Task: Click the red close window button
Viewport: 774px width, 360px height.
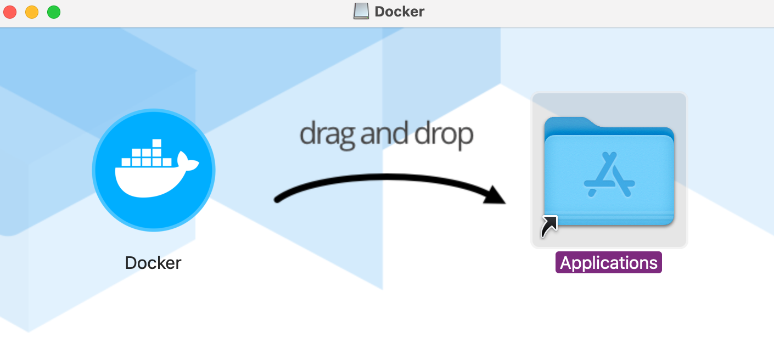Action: [x=11, y=12]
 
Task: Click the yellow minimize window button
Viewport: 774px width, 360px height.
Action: [x=32, y=12]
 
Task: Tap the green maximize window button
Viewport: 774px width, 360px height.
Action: [x=53, y=12]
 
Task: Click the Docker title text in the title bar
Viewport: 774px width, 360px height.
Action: [x=400, y=12]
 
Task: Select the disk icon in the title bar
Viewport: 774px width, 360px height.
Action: [x=361, y=12]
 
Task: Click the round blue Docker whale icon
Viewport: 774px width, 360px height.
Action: [x=154, y=170]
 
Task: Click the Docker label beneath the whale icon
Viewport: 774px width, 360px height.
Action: [x=153, y=263]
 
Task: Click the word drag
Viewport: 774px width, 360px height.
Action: [x=327, y=133]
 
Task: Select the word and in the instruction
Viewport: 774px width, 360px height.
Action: [x=384, y=133]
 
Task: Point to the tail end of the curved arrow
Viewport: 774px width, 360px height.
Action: [x=278, y=199]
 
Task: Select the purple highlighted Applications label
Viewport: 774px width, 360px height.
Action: [x=609, y=263]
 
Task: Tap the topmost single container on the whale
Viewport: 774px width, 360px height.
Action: [x=157, y=144]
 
